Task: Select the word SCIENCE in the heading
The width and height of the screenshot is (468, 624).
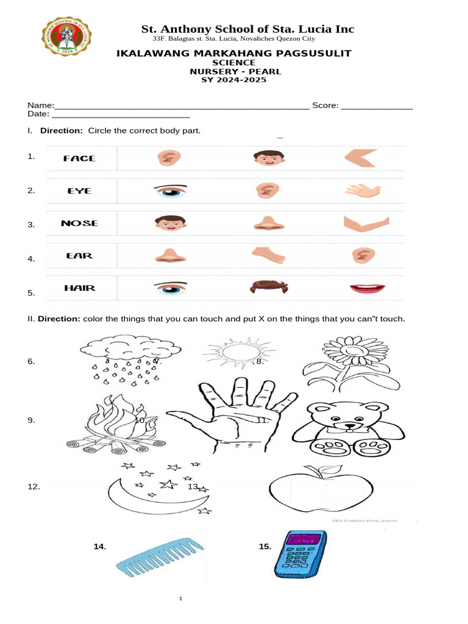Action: (233, 63)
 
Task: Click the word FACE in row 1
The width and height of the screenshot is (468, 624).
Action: (79, 158)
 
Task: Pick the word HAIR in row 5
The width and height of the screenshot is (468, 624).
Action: (80, 288)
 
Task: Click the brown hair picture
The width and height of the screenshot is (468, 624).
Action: (269, 286)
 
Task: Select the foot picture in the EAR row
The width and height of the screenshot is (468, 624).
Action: (269, 254)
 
